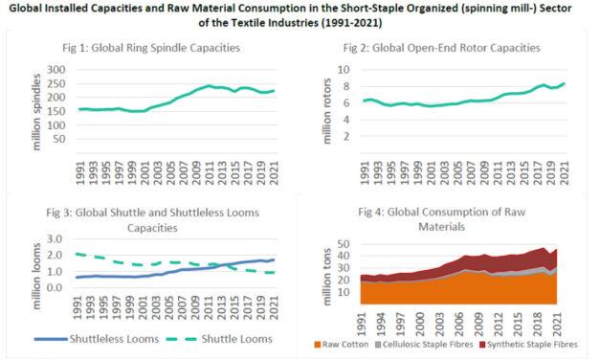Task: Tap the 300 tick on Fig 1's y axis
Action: [56, 71]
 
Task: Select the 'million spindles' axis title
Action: [21, 105]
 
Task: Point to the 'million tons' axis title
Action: [317, 273]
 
